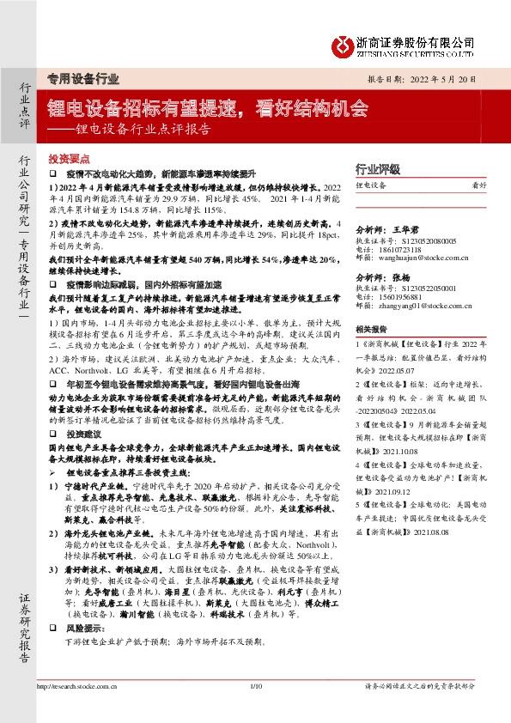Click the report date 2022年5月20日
pyautogui.click(x=450, y=77)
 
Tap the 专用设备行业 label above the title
pyautogui.click(x=82, y=78)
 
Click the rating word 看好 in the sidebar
pyautogui.click(x=479, y=185)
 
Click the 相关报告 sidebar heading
pyautogui.click(x=372, y=329)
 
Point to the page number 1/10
pyautogui.click(x=255, y=686)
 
